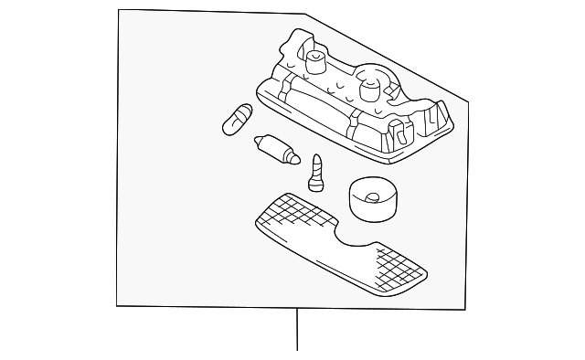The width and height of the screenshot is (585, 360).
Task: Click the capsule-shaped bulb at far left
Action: (237, 120)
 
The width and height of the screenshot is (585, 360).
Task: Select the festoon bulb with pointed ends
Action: (275, 149)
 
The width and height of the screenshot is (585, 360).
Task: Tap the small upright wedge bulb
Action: (317, 172)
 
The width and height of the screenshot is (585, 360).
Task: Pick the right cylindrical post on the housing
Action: (370, 90)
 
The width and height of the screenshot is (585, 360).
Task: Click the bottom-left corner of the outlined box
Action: (117, 304)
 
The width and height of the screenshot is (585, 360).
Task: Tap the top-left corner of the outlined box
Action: (121, 10)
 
